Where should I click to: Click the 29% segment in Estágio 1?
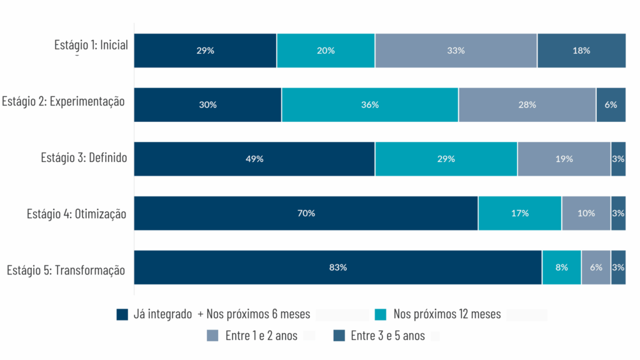pos(205,51)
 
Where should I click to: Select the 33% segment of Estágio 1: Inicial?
pos(456,51)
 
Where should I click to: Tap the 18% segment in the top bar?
pos(581,51)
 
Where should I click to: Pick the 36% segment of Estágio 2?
pos(370,105)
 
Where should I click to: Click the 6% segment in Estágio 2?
pos(611,105)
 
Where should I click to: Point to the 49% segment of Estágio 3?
pos(254,159)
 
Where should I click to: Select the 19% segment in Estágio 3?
pos(564,159)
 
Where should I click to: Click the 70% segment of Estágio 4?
pos(306,213)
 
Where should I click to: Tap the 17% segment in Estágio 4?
pos(520,213)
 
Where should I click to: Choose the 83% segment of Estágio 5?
pos(337,267)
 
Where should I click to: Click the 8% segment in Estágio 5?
pos(561,267)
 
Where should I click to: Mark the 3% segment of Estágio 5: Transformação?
pos(618,267)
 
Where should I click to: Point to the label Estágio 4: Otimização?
pos(76,214)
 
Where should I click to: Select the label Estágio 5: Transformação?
pos(66,271)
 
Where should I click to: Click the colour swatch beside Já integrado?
pos(122,314)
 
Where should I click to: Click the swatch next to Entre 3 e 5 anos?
pos(339,336)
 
